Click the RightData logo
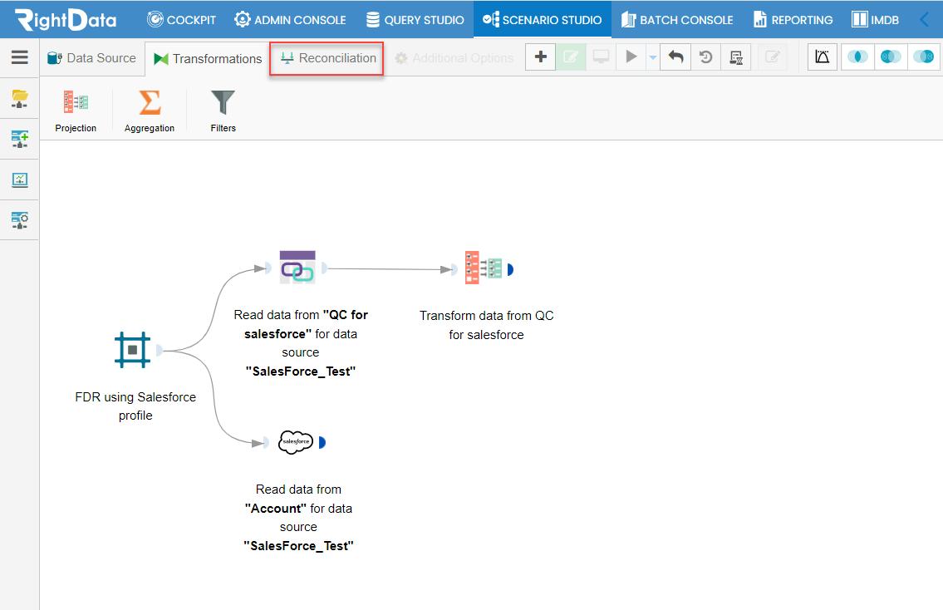click(x=66, y=19)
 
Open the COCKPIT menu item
click(x=181, y=20)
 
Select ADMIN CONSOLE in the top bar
click(x=290, y=20)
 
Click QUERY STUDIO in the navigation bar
click(x=415, y=20)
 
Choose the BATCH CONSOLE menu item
click(x=676, y=20)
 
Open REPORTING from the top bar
click(x=793, y=20)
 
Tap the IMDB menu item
click(x=875, y=20)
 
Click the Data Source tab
click(x=91, y=58)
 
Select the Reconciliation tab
click(x=327, y=58)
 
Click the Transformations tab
click(x=208, y=58)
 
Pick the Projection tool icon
click(x=76, y=102)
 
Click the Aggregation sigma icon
click(x=150, y=102)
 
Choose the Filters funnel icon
click(x=223, y=102)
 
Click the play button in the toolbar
click(x=631, y=57)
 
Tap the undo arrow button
click(x=675, y=57)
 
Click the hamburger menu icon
click(x=20, y=57)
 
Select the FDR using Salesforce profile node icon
click(x=132, y=350)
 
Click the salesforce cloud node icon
click(x=295, y=442)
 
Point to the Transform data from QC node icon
click(x=484, y=268)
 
